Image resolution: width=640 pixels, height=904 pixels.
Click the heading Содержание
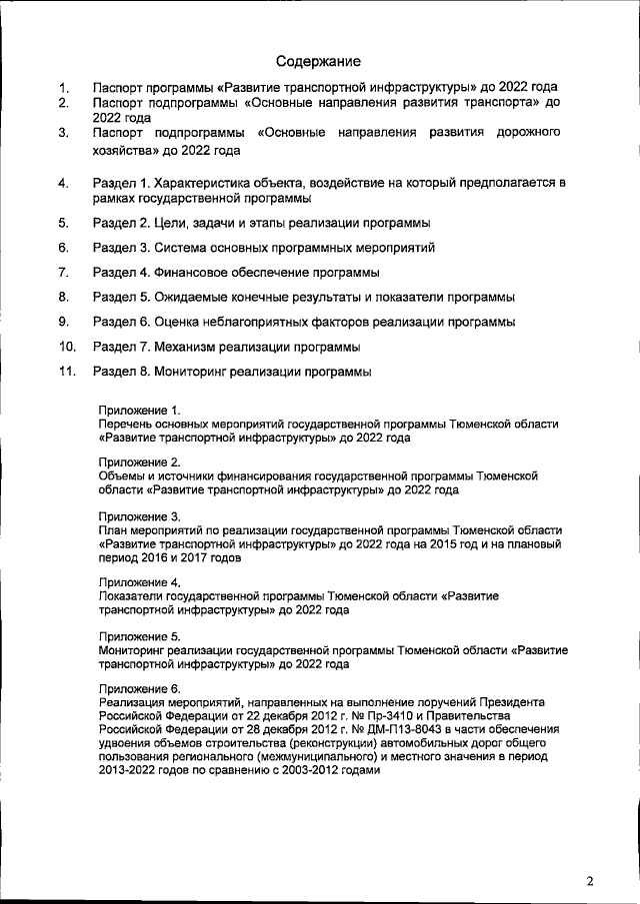(x=319, y=61)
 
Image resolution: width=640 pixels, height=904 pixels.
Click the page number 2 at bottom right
(x=590, y=880)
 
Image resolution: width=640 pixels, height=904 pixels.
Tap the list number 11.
(x=68, y=372)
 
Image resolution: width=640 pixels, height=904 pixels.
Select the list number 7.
(x=63, y=272)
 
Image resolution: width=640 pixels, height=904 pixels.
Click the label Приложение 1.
(x=140, y=411)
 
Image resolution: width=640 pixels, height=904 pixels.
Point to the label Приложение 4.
(x=140, y=581)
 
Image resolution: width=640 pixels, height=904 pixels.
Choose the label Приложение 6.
(x=140, y=689)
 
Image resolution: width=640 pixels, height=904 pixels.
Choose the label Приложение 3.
(x=140, y=515)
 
